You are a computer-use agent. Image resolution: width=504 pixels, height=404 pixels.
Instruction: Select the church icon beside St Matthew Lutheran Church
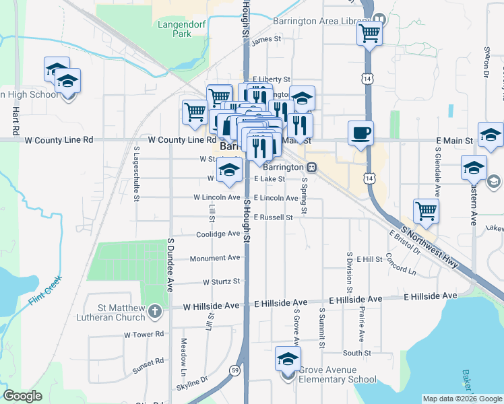[156, 310]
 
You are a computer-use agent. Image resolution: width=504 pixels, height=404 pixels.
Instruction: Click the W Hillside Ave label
[212, 306]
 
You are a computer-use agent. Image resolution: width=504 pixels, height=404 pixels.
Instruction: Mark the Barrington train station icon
[311, 166]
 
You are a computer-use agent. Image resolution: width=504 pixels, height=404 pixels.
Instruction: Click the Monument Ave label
[214, 258]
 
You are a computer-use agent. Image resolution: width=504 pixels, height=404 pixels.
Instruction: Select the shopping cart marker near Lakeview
[426, 210]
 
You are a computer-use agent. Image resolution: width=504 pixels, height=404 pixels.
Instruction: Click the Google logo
[22, 395]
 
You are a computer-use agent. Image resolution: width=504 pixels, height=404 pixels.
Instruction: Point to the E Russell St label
[273, 217]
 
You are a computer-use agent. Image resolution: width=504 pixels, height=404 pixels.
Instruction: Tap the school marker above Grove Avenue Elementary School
[288, 359]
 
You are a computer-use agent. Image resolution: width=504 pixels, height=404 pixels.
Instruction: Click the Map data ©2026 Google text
[462, 399]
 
